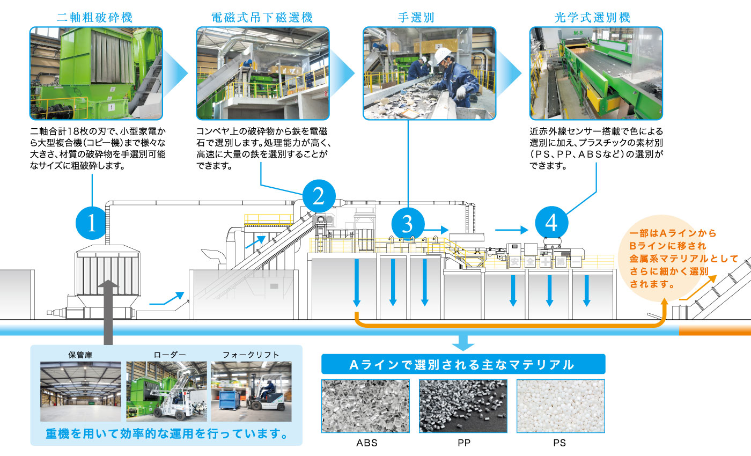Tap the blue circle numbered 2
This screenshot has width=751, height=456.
pos(319,196)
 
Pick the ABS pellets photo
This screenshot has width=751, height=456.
pos(365,406)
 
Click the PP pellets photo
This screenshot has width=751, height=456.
pos(463,406)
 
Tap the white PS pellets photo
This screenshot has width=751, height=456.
pos(560,406)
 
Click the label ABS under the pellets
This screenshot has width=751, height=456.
pos(367,443)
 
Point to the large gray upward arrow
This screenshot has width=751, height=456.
pos(108,311)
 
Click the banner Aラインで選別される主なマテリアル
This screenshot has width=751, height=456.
pos(463,365)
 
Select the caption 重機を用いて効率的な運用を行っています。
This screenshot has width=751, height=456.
pos(166,433)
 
